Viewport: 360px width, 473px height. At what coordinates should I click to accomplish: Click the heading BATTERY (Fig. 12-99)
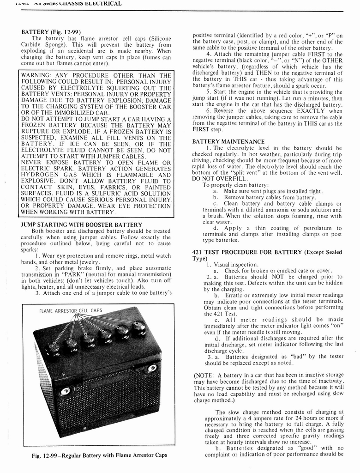(49, 32)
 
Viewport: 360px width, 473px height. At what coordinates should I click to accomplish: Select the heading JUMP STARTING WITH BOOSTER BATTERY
(82, 224)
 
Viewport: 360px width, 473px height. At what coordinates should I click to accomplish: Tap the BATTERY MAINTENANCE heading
(228, 141)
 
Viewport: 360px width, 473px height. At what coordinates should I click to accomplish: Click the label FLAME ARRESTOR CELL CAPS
(71, 311)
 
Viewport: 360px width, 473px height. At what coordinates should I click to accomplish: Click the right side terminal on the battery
(151, 368)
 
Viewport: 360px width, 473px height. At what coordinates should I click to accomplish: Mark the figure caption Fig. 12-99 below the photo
(99, 455)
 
